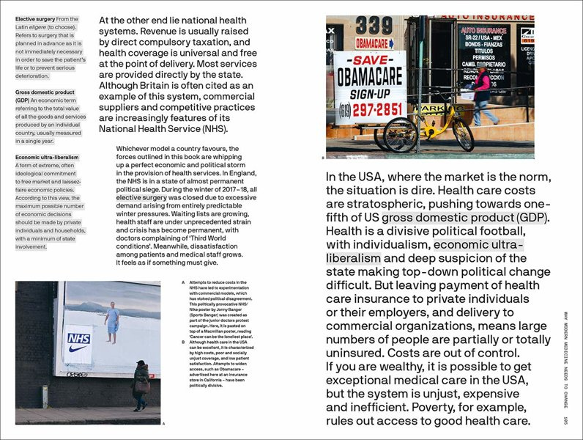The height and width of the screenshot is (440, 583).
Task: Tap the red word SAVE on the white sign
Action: (x=369, y=62)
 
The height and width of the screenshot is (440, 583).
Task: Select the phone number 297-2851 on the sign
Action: (x=379, y=109)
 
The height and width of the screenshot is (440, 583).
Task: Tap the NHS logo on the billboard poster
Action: (x=78, y=338)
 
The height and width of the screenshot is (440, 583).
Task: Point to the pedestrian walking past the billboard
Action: (x=141, y=386)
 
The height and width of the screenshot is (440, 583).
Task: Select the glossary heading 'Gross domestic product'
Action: (x=45, y=92)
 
